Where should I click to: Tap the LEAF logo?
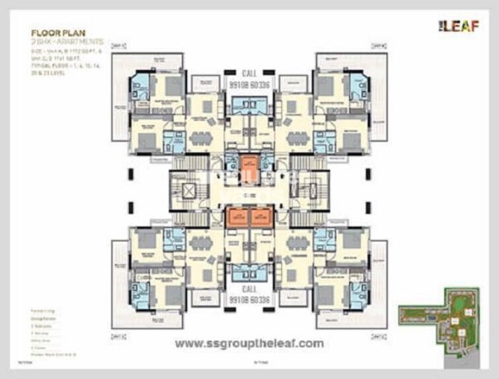point(455,26)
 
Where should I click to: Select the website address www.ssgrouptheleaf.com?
point(249,343)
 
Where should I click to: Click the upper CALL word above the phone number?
point(249,73)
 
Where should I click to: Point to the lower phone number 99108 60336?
point(249,300)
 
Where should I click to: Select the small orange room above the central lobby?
point(249,163)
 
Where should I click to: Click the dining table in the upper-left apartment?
point(200,138)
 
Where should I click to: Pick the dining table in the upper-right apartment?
point(298,138)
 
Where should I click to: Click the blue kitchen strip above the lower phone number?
point(249,271)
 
